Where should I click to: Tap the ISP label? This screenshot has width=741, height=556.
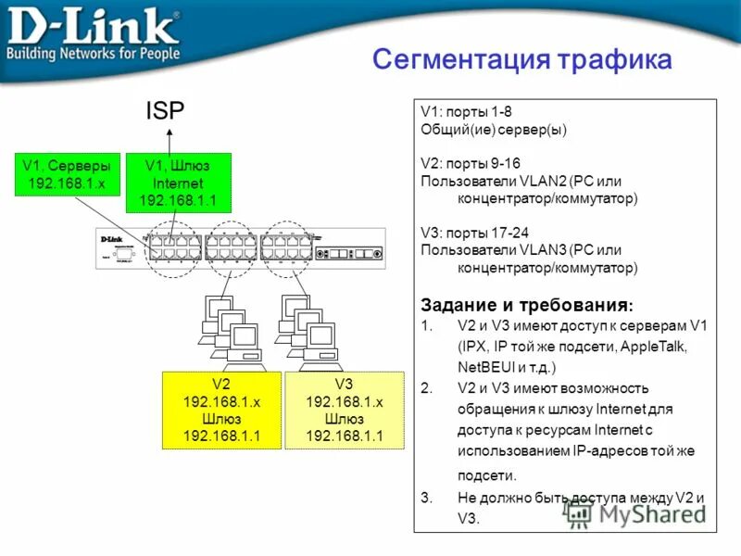click(165, 112)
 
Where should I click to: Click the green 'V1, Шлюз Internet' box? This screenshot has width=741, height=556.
click(177, 183)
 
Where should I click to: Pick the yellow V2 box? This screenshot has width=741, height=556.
click(220, 410)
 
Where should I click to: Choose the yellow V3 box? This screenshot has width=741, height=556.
click(344, 410)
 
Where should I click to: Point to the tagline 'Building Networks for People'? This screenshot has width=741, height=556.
click(93, 54)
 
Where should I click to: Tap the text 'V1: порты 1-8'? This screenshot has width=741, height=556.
click(460, 112)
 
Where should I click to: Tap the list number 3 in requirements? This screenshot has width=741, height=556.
click(425, 499)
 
